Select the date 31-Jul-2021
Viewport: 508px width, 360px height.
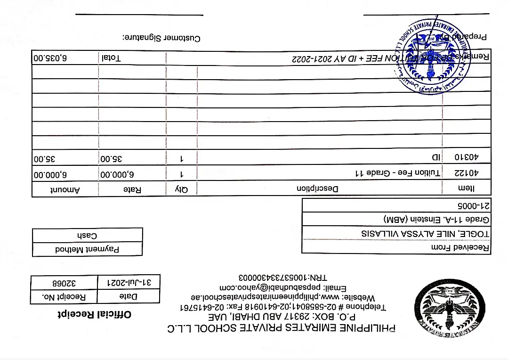(x=129, y=283)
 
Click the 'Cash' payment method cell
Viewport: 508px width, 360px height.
(x=87, y=235)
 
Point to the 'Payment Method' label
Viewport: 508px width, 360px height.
(x=87, y=249)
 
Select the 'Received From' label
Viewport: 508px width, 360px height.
(x=460, y=247)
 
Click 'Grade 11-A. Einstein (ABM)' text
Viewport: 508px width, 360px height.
(x=436, y=220)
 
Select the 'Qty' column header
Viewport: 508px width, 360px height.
(x=181, y=189)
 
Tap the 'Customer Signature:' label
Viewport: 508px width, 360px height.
(x=161, y=37)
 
